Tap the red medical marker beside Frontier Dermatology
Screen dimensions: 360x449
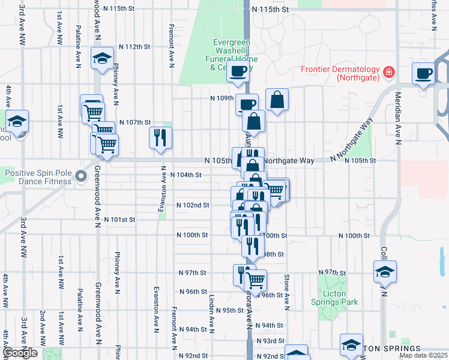click(389, 73)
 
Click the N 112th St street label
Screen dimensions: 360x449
click(134, 47)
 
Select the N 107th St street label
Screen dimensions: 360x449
click(134, 122)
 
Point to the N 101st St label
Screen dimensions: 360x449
click(119, 220)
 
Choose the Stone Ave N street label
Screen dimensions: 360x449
click(287, 293)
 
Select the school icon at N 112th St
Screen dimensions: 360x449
click(102, 58)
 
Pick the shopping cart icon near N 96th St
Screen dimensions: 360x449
click(256, 280)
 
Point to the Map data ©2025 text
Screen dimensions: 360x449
click(423, 355)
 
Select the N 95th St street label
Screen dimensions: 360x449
click(229, 310)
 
